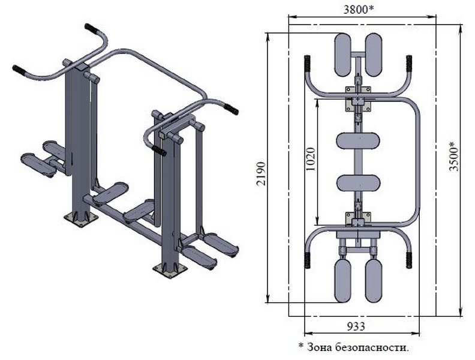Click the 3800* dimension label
[358, 10]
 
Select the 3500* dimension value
[455, 156]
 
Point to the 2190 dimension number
[261, 173]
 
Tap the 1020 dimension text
[311, 159]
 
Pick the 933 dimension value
[356, 326]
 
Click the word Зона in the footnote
[320, 347]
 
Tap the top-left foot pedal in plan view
[342, 55]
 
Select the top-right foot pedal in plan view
[373, 55]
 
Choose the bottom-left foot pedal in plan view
[342, 281]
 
